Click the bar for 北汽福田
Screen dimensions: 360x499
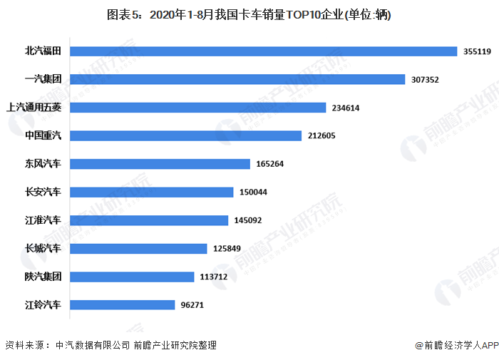[x=263, y=51]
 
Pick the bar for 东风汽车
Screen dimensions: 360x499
[x=160, y=164]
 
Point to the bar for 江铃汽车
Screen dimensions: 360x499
[x=123, y=305]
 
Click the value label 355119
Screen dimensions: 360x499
[x=477, y=51]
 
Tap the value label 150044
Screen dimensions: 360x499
[x=254, y=192]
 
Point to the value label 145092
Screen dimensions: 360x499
[x=249, y=220]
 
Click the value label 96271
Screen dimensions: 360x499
[x=192, y=305]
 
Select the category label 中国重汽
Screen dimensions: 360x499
[x=43, y=135]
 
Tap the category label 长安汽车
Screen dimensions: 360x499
[x=43, y=192]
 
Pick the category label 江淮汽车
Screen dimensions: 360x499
[x=43, y=220]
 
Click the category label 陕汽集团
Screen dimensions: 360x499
[x=43, y=277]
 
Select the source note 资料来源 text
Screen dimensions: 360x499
[x=27, y=345]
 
